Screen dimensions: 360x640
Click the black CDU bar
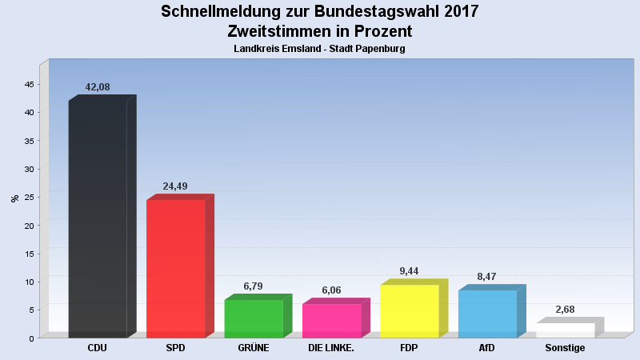click(98, 218)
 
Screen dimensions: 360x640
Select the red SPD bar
click(176, 268)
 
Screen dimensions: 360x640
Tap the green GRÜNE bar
click(254, 318)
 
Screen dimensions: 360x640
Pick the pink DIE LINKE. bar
click(331, 320)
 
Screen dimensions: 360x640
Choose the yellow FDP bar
click(410, 310)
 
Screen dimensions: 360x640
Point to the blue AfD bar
click(487, 314)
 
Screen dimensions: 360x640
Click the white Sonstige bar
click(565, 330)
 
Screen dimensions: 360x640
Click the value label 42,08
click(98, 86)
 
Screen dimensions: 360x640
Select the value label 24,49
click(176, 186)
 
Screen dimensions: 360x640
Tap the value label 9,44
click(410, 271)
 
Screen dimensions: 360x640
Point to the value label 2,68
click(565, 309)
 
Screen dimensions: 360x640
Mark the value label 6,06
click(331, 290)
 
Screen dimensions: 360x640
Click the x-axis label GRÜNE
click(254, 348)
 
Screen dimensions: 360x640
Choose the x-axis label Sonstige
click(565, 348)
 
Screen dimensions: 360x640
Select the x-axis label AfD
click(487, 348)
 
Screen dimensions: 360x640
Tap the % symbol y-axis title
click(14, 198)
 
